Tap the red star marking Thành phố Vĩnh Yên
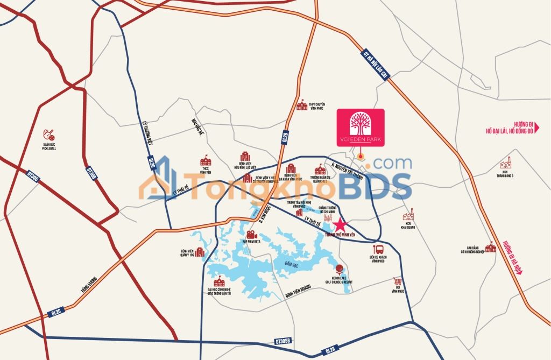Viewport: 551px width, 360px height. (340, 225)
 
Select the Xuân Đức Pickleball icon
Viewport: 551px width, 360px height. (49, 133)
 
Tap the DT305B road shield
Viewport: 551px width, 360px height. (284, 341)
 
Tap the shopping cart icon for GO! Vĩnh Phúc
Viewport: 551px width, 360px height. (398, 281)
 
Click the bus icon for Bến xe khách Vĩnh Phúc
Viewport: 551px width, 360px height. (379, 249)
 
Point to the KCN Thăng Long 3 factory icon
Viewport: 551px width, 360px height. (505, 163)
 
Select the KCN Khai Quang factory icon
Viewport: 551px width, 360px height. (408, 214)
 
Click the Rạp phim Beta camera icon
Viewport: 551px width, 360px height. (251, 235)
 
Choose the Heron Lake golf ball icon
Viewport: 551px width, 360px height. (340, 269)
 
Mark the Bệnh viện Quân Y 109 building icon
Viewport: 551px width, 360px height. (200, 252)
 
